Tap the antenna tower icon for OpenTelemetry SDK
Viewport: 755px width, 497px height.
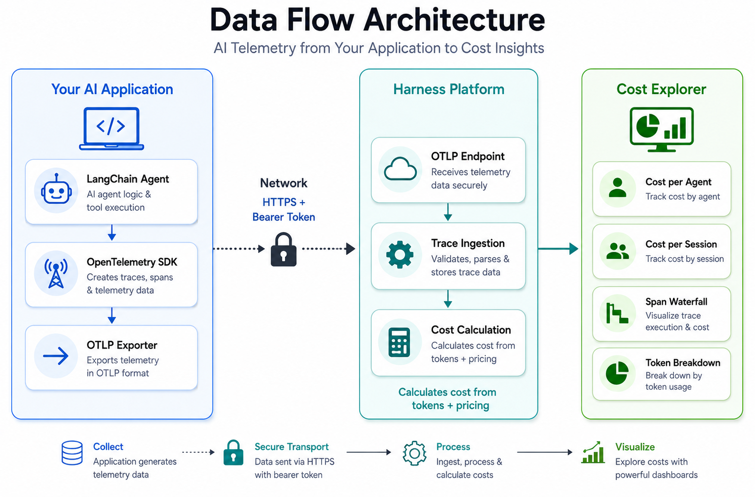coord(56,274)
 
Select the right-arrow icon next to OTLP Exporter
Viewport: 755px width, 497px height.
coord(56,356)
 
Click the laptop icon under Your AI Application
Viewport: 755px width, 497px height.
coord(111,128)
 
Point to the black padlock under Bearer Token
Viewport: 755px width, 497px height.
coord(283,249)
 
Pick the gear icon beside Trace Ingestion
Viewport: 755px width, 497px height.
coord(400,254)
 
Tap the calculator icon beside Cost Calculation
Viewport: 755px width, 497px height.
coord(399,342)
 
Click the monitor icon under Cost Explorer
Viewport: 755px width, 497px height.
coord(662,129)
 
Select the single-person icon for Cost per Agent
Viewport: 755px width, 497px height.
coord(618,188)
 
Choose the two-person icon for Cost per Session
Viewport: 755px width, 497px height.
coord(618,251)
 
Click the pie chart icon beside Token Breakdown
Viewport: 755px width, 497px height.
coord(617,373)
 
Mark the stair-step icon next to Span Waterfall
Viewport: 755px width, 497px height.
coord(617,313)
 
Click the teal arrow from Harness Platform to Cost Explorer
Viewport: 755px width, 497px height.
coord(558,249)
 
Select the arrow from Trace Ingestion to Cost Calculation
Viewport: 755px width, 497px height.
coord(448,299)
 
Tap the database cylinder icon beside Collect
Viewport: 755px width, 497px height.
coord(72,453)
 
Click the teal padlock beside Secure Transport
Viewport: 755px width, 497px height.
coord(233,453)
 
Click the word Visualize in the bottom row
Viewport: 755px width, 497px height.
coord(635,447)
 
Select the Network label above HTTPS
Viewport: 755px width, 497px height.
coord(283,183)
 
